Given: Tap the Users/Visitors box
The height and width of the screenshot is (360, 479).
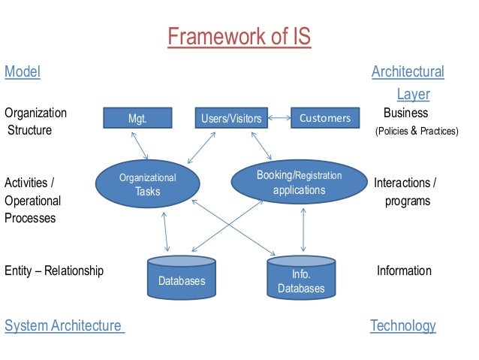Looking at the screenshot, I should (231, 118).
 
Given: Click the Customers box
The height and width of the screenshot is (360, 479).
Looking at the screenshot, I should (324, 118).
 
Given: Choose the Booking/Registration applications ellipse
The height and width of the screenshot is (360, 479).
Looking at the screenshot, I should (299, 182).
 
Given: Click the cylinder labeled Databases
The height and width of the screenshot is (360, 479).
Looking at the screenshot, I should (181, 276).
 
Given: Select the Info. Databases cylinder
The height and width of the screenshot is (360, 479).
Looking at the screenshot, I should (301, 277).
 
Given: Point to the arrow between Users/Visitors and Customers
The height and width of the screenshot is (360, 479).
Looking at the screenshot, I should (279, 118).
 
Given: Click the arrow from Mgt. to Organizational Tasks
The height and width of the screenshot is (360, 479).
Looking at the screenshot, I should (139, 144).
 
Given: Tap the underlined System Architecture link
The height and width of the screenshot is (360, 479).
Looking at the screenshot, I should (63, 325).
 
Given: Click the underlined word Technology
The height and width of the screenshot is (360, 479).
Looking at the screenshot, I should (402, 325).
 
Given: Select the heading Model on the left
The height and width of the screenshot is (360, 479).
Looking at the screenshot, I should (23, 72).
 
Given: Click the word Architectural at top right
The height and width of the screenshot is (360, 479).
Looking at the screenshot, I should (408, 72).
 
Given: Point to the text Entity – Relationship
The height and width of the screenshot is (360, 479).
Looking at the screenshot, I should (54, 271).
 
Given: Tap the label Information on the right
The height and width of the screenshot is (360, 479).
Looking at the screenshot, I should (404, 271).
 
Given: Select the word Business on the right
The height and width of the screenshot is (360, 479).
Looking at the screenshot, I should (405, 113).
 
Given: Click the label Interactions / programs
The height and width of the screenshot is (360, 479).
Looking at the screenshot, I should (405, 192).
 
